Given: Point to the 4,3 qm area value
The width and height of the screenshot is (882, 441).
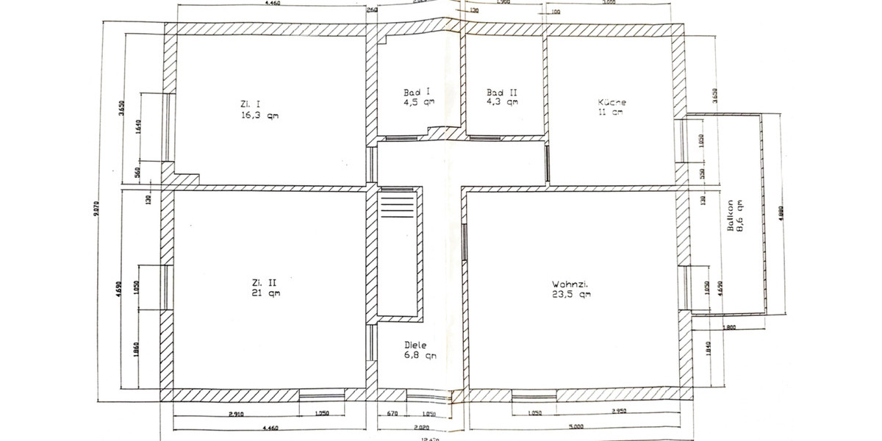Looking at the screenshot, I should (503, 102).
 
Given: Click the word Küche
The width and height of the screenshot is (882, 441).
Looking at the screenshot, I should (612, 102).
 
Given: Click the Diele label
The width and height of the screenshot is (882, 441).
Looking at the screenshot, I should (416, 344).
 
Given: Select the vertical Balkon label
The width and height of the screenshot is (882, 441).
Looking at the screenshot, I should (731, 217).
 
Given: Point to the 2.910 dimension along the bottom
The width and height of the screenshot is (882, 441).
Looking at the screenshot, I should (236, 414).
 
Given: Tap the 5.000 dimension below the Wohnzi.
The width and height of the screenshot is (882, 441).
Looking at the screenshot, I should (576, 426).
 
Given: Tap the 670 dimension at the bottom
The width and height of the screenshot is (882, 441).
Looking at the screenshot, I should (392, 414).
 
